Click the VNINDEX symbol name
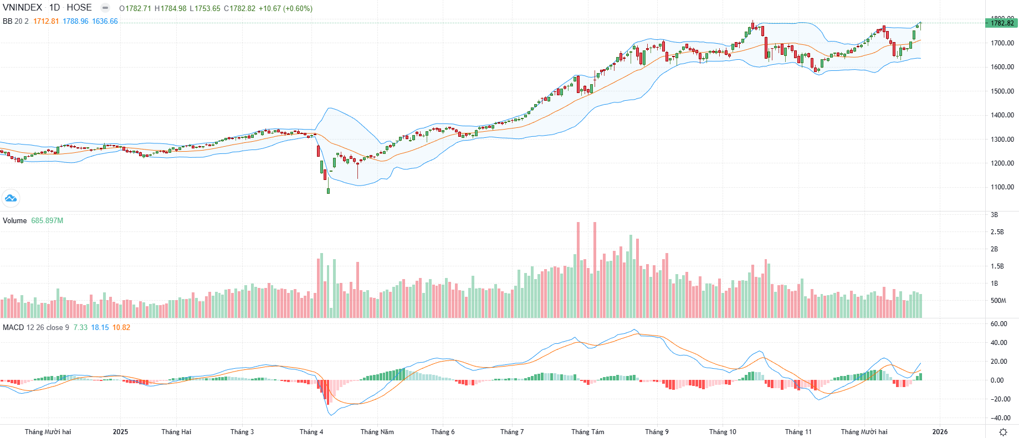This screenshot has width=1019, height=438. [x=23, y=8]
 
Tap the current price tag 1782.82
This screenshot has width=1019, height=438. [x=1002, y=23]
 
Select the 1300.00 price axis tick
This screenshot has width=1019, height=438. [x=1002, y=140]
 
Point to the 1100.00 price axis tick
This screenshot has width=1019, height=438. [x=1002, y=187]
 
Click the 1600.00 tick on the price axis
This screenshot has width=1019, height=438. [x=1002, y=67]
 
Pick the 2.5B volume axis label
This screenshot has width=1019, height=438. [x=997, y=232]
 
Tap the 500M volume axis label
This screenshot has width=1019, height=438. [x=998, y=301]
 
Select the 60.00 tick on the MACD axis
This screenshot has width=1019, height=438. [x=999, y=324]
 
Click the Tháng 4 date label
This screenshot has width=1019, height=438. [x=311, y=432]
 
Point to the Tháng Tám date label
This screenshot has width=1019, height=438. [x=587, y=432]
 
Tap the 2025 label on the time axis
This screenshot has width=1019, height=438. [x=120, y=432]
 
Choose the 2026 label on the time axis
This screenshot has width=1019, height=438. [x=940, y=432]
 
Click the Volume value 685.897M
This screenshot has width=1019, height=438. [x=47, y=220]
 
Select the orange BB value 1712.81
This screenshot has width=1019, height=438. [x=46, y=21]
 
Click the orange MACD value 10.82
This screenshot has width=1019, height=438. [x=121, y=327]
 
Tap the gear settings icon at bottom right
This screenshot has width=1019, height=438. [x=1003, y=432]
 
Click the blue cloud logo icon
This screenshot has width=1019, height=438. [x=11, y=198]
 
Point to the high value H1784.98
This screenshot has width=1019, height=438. [x=170, y=8]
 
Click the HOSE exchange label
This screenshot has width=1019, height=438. [x=79, y=8]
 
